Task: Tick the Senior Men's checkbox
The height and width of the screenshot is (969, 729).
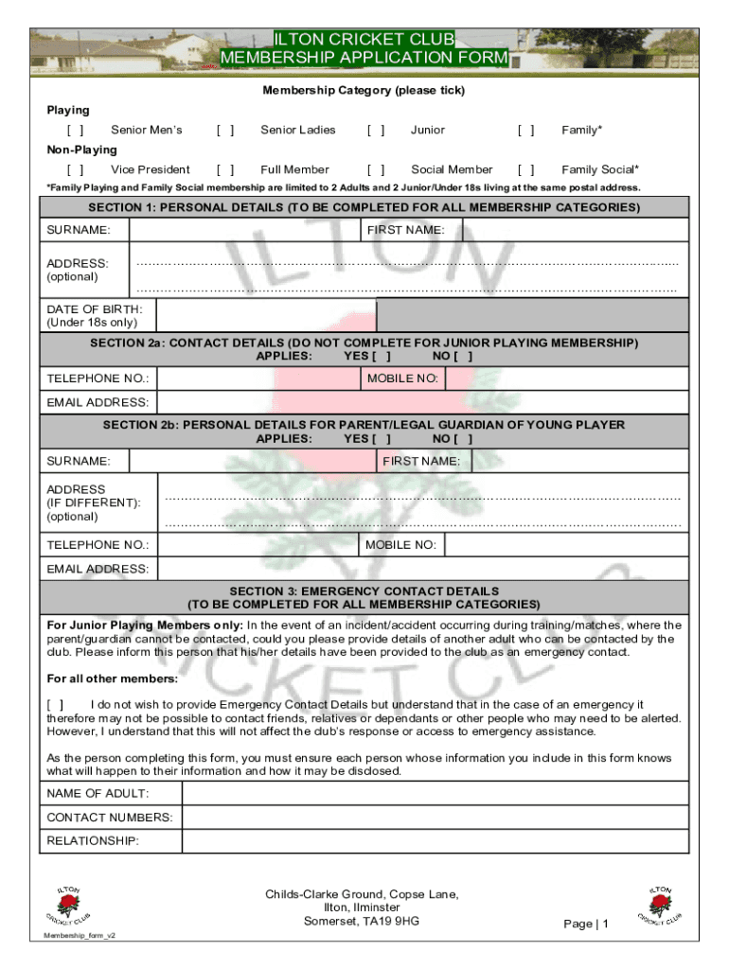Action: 75,131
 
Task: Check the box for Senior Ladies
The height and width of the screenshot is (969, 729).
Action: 225,131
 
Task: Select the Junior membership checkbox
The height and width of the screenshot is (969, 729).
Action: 376,131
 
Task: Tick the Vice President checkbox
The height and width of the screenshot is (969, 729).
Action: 75,170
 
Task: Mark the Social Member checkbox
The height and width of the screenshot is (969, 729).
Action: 376,170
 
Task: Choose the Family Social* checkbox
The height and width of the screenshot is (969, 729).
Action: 526,170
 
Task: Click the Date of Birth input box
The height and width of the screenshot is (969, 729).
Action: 266,315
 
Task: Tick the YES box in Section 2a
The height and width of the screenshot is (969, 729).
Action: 382,357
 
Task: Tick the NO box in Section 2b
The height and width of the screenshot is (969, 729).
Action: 463,439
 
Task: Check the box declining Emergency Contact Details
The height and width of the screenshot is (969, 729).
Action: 56,705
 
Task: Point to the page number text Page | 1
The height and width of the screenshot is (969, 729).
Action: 586,924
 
